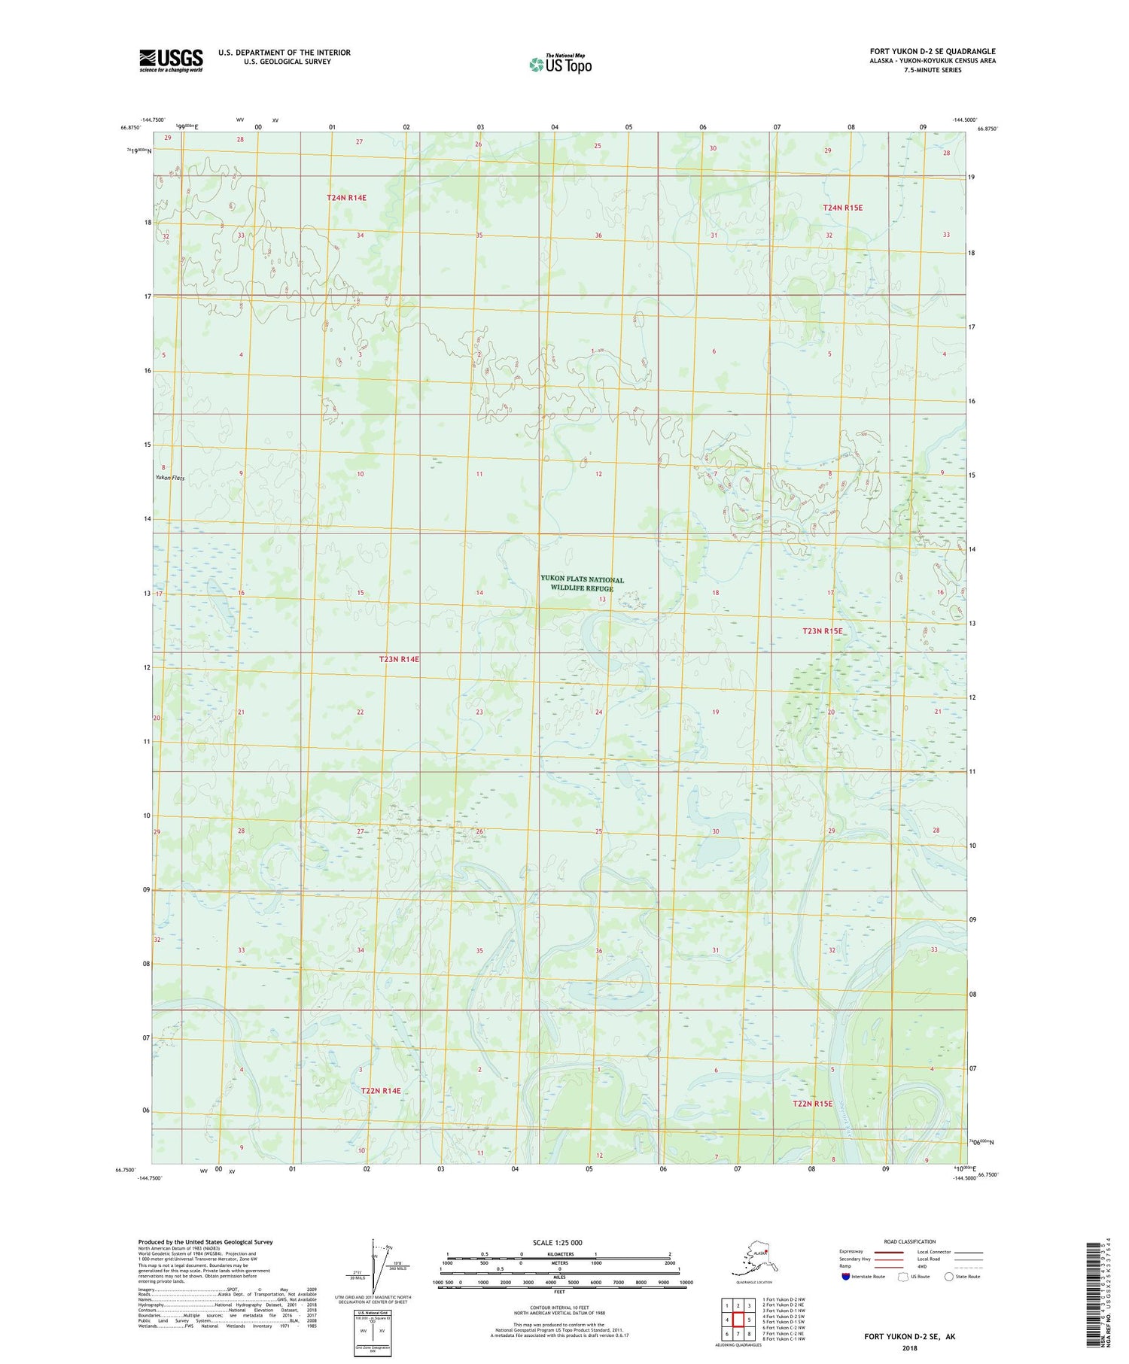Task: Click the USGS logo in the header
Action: point(171,59)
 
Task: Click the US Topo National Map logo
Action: point(561,63)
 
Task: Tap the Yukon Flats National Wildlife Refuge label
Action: point(582,583)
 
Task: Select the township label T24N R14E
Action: point(346,198)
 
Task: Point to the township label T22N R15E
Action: point(812,1104)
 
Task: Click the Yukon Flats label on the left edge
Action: point(170,478)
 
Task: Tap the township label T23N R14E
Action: point(399,659)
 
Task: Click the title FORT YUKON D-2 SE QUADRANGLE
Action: point(932,52)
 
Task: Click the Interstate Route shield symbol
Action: point(845,1277)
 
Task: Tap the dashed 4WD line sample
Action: point(971,1266)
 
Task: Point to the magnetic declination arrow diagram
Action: point(374,1264)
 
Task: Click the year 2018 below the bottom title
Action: point(909,1338)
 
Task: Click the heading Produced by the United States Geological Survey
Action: point(205,1242)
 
